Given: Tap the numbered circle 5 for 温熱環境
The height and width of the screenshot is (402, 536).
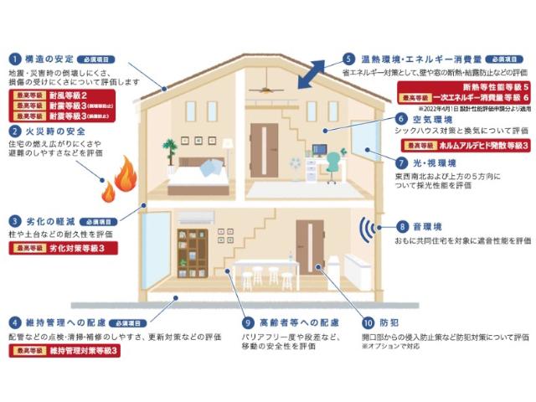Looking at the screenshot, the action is point(348,59).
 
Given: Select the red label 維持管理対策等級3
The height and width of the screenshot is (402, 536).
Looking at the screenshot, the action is point(64,351).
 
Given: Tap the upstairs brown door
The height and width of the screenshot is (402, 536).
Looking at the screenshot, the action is point(265,150).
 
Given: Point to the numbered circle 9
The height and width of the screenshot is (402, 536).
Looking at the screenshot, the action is point(248,322).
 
